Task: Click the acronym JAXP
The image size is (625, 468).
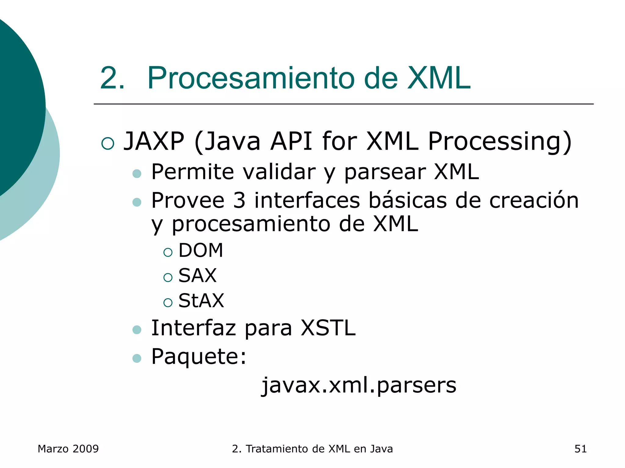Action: coord(154,141)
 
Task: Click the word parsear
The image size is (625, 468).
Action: coord(385,172)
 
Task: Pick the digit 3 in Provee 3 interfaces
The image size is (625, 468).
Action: coord(239,200)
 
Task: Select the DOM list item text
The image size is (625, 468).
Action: coord(201,250)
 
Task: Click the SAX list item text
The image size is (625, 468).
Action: coord(197,275)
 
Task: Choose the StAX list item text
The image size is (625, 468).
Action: coord(201,301)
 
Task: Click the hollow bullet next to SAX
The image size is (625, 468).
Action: coord(168,277)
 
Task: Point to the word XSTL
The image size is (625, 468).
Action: coord(328,328)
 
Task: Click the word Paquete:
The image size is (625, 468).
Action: coord(199,356)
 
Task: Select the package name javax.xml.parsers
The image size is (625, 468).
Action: coord(359,385)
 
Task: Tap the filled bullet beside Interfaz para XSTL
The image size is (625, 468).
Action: coord(137,330)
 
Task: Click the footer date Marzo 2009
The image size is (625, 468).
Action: coord(68,449)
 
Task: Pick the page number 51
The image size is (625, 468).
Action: coord(580,449)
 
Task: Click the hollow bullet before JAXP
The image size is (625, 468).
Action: coord(107,143)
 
